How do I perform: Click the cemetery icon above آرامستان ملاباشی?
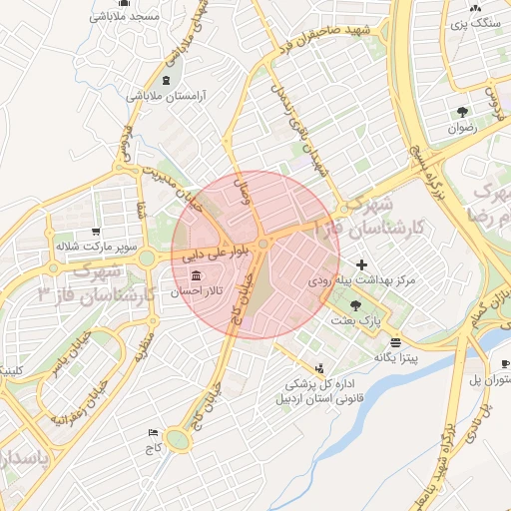165,80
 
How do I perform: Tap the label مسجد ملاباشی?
126,16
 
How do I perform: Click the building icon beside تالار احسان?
191,275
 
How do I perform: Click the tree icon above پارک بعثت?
356,305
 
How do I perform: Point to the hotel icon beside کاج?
153,432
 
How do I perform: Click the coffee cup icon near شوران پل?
505,363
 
